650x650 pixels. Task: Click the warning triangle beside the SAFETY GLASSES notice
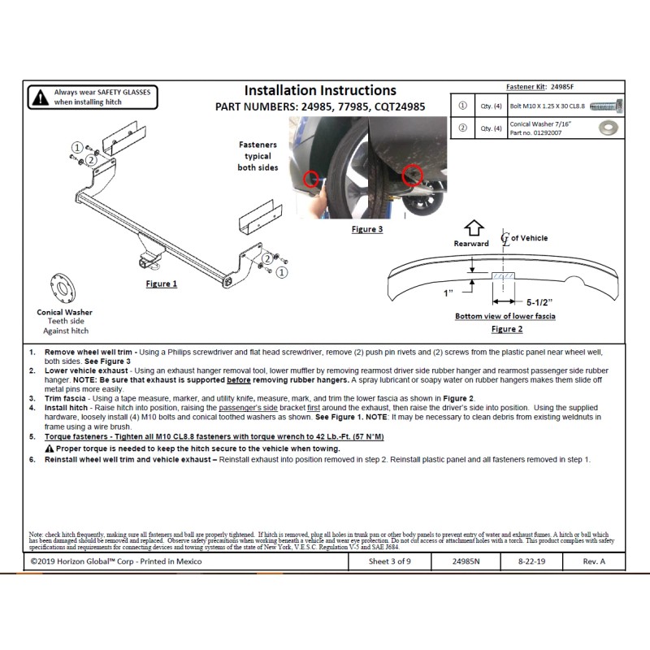pos(39,98)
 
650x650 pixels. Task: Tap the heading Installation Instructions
pos(320,91)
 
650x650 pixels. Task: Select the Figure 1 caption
pos(161,284)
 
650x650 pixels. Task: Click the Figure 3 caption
pos(366,229)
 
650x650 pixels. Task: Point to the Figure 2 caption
pos(506,329)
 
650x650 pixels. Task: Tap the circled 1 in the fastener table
pos(462,106)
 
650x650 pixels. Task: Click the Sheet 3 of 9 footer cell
pos(388,561)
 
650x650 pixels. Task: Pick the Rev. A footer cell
pos(593,561)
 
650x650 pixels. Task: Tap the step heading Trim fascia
pos(66,398)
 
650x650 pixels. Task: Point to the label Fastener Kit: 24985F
pos(539,85)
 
